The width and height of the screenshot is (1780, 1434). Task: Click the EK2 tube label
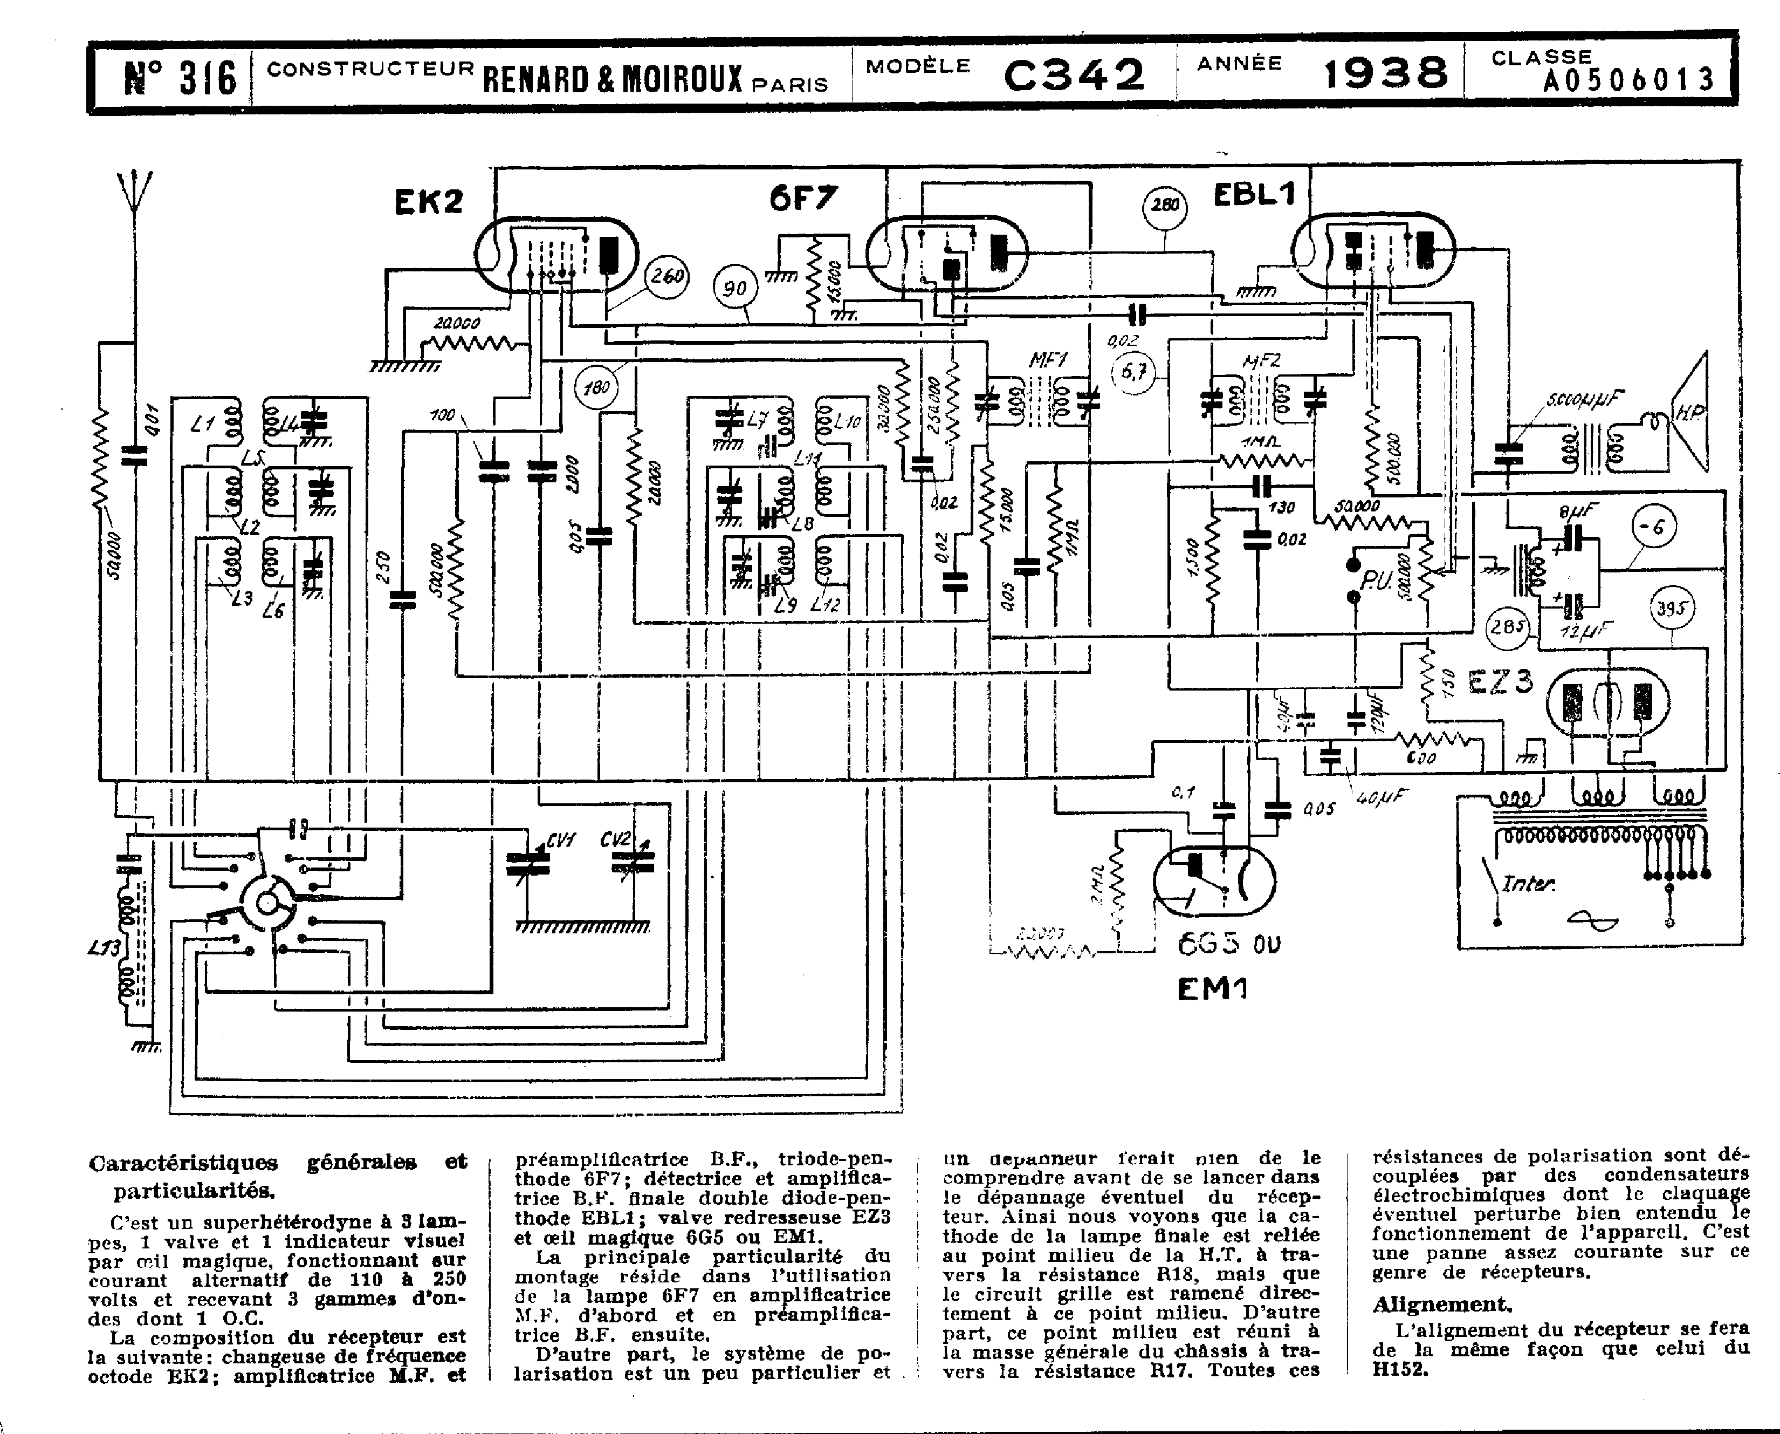click(429, 202)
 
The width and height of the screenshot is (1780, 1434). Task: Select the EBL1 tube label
click(1254, 195)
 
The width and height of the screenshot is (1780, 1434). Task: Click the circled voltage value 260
click(666, 276)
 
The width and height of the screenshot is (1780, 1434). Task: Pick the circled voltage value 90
click(735, 288)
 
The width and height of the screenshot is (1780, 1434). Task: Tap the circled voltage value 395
click(1672, 609)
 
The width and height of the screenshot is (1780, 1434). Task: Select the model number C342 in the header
click(1074, 75)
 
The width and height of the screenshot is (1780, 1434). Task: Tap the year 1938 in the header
click(1385, 73)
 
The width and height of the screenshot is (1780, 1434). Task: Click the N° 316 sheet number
click(181, 78)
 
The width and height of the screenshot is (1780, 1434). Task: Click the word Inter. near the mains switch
click(1528, 884)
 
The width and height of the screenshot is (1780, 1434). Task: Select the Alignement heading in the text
click(1441, 1305)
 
